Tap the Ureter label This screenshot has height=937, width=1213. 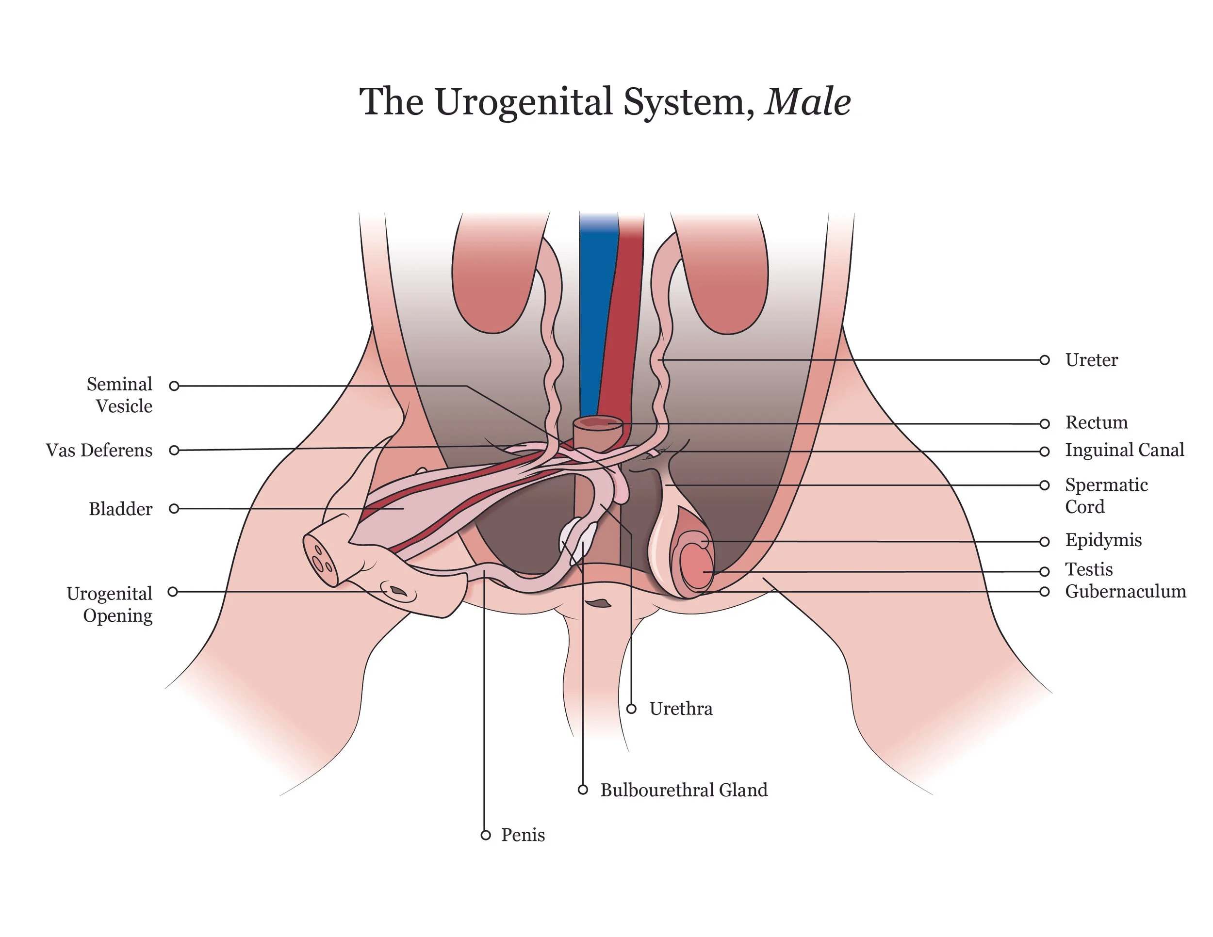click(1091, 360)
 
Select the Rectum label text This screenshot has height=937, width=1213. click(1096, 422)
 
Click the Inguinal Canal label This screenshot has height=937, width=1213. click(1124, 450)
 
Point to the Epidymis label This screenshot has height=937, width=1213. click(1103, 540)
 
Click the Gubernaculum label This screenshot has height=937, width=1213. click(1125, 591)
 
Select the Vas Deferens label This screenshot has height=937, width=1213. click(99, 450)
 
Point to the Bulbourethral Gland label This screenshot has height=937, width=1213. click(684, 790)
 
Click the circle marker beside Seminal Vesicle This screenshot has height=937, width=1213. click(174, 386)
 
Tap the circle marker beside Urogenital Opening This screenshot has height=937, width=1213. click(173, 592)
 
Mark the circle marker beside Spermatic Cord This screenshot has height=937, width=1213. click(1044, 485)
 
